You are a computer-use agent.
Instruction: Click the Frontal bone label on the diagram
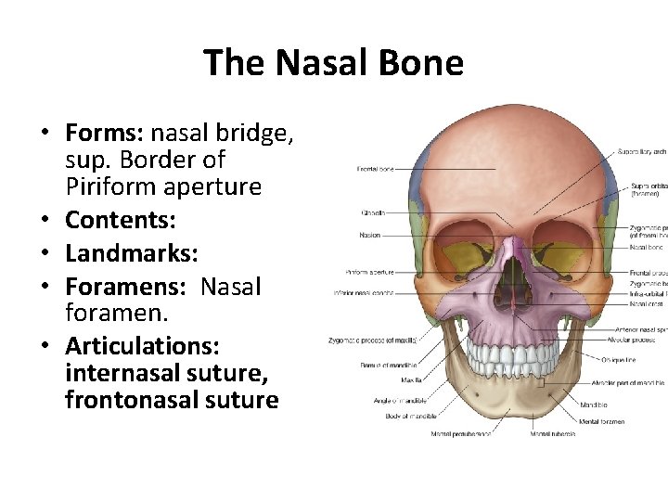pos(375,169)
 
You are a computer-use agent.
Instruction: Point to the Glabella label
pos(373,213)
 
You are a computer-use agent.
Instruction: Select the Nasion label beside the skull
pos(369,236)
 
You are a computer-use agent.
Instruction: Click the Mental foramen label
pos(603,421)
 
